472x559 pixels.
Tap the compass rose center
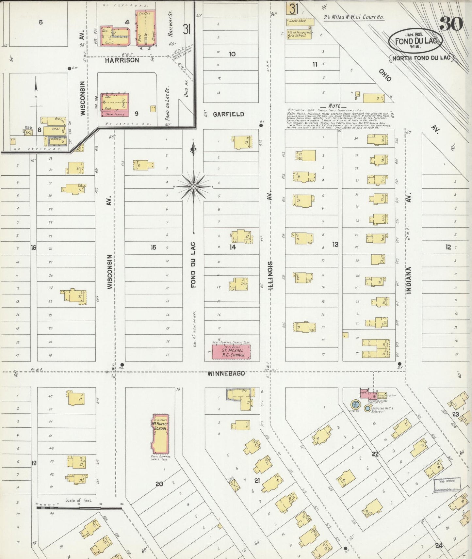tap(194, 186)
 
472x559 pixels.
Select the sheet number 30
tap(451, 24)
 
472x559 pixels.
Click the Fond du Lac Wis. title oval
tap(415, 41)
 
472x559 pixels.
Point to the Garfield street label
tap(228, 114)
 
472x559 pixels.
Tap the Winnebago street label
tap(226, 373)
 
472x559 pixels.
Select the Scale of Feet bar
tap(79, 508)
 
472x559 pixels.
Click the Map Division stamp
tap(447, 481)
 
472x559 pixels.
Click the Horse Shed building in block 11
tap(300, 22)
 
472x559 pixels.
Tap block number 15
tap(153, 248)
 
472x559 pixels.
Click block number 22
tap(375, 454)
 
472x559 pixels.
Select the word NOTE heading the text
tap(334, 106)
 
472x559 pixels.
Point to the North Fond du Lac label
tap(421, 58)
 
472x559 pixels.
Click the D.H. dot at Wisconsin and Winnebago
tap(122, 364)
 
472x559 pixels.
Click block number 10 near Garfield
tap(232, 54)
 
